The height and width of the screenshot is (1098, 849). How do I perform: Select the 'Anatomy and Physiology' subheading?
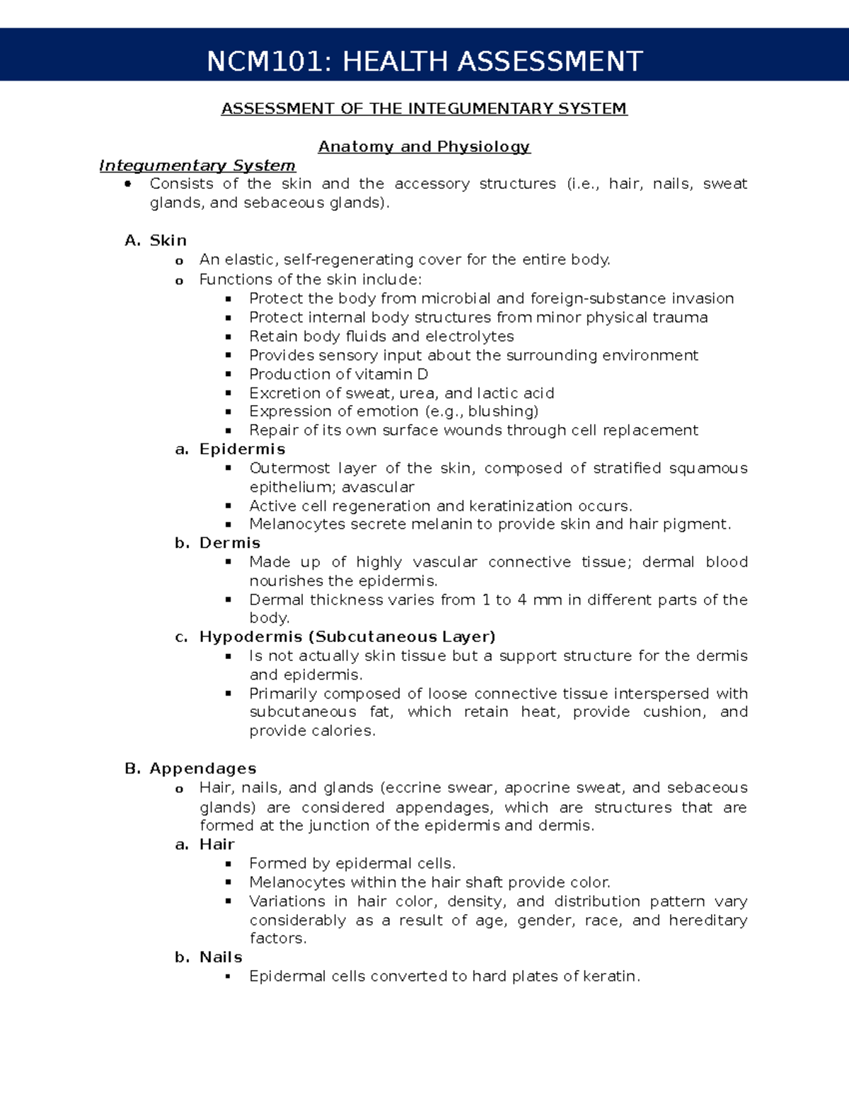pos(424,146)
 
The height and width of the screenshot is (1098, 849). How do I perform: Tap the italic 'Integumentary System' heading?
pos(197,165)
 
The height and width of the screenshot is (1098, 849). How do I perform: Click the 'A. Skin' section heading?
pos(156,240)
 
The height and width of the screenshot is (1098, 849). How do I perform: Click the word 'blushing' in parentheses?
pos(501,411)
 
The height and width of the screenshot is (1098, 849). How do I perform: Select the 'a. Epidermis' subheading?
pos(230,449)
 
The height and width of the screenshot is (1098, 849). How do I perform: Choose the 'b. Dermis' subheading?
pos(218,543)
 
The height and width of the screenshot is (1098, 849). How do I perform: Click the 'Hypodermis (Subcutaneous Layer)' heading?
pos(347,637)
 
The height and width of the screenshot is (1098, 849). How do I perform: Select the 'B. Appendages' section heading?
pos(190,769)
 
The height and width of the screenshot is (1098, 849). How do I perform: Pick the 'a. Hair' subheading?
pos(204,844)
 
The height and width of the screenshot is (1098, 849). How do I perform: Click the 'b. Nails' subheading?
pos(209,957)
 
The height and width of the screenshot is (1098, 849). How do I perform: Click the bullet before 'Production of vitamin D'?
pos(229,374)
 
